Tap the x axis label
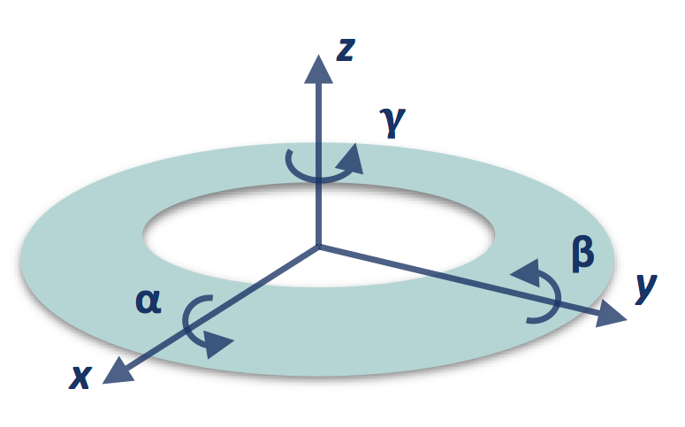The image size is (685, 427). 80,378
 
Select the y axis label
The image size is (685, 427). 646,287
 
